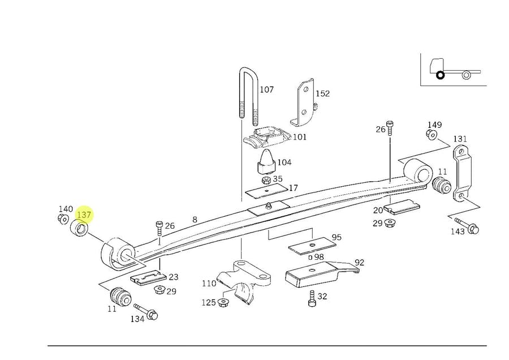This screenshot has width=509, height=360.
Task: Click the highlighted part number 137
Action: click(x=84, y=215)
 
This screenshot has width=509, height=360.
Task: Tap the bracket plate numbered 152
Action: click(x=304, y=102)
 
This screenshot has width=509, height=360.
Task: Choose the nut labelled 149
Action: click(x=431, y=135)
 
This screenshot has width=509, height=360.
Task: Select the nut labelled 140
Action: click(x=64, y=220)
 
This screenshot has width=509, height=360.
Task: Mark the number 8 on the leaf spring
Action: click(x=195, y=220)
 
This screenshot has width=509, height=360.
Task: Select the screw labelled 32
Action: click(x=312, y=299)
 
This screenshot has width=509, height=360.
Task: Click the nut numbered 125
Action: click(x=222, y=303)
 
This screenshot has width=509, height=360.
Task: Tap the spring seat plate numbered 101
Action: click(x=267, y=136)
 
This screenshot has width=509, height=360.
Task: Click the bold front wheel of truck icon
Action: click(x=439, y=74)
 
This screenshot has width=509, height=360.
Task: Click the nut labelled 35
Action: click(x=265, y=181)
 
